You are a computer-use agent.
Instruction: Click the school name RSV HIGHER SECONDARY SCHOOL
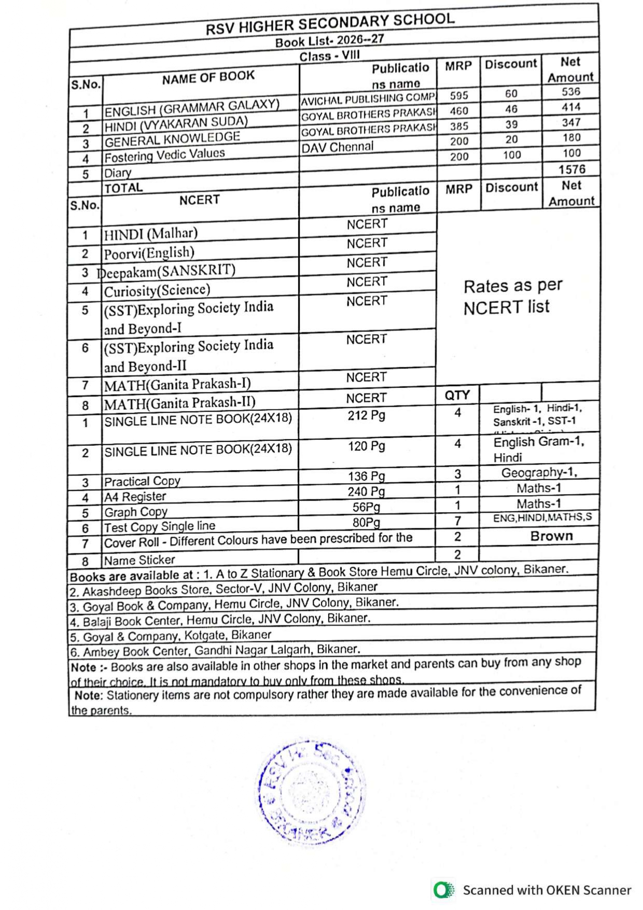[x=330, y=23]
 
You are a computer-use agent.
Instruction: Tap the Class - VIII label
[x=329, y=56]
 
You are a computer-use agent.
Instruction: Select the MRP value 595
[x=459, y=95]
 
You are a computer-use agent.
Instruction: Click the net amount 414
[x=571, y=107]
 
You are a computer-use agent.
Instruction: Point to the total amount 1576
[x=571, y=169]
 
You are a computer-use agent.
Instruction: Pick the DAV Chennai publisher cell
[x=338, y=147]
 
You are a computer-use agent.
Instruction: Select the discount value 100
[x=512, y=155]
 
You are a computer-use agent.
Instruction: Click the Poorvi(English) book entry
[x=149, y=253]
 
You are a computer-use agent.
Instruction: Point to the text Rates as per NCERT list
[x=512, y=297]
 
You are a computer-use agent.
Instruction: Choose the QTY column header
[x=457, y=395]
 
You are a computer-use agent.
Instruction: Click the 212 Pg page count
[x=367, y=415]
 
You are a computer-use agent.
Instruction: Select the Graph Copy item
[x=136, y=512]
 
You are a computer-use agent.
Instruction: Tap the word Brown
[x=551, y=536]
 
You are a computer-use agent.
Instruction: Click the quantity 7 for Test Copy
[x=457, y=521]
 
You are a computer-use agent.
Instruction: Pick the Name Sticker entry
[x=139, y=560]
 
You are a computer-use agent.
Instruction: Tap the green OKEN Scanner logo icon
[x=443, y=890]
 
